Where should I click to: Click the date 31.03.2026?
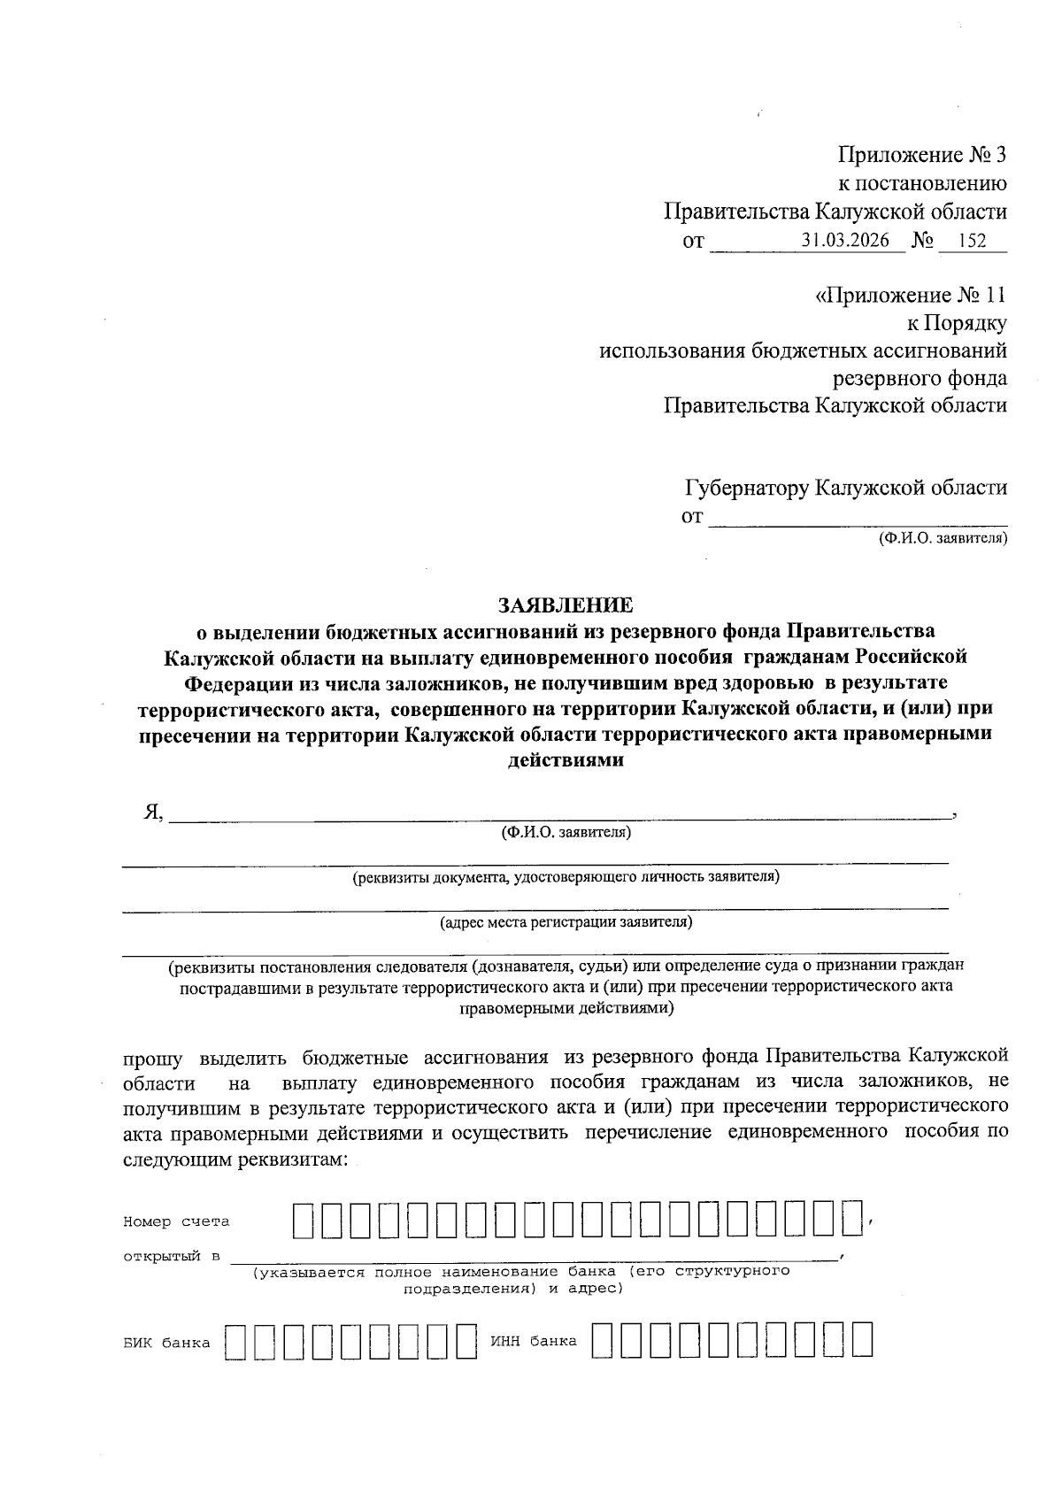[845, 240]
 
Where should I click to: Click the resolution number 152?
[971, 240]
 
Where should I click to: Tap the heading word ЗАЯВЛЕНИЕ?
[566, 605]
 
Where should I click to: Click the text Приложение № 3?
[922, 156]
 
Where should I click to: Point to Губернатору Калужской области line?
[845, 488]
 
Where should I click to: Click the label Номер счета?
[176, 1221]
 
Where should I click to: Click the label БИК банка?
[167, 1343]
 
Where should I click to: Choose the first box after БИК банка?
[235, 1341]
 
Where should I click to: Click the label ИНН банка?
[533, 1341]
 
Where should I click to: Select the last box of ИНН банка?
[862, 1340]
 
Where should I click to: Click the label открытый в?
[172, 1257]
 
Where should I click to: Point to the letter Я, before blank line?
[153, 813]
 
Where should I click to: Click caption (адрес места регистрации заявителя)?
[566, 922]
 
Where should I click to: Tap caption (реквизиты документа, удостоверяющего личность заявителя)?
[566, 877]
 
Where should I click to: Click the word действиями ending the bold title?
[566, 759]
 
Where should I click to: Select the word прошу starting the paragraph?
[152, 1057]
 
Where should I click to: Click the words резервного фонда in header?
[920, 379]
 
